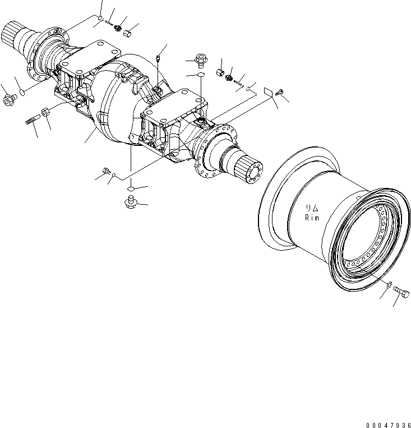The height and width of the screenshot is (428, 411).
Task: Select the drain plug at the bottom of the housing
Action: coord(132,200)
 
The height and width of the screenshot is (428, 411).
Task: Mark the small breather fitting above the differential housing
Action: coord(159,57)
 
